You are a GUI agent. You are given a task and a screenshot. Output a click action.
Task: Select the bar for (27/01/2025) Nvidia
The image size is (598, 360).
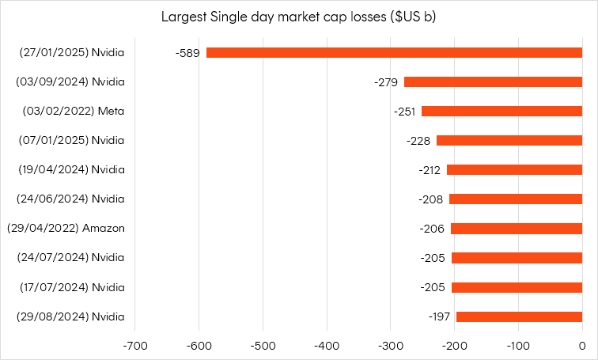pyautogui.click(x=394, y=52)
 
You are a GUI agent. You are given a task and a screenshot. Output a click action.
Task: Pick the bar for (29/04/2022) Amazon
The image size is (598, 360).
pyautogui.click(x=516, y=228)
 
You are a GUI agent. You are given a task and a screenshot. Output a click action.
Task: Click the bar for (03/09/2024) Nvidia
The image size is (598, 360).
pyautogui.click(x=493, y=81)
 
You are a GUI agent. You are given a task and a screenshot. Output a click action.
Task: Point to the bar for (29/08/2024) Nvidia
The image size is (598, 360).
pyautogui.click(x=519, y=316)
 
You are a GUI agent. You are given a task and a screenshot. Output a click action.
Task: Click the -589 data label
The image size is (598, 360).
pyautogui.click(x=187, y=52)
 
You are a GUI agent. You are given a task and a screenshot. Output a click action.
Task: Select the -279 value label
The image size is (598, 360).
pyautogui.click(x=387, y=81)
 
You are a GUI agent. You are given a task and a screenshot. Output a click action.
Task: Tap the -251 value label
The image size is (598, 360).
pyautogui.click(x=404, y=111)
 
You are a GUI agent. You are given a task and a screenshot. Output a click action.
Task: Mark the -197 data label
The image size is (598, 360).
pyautogui.click(x=439, y=316)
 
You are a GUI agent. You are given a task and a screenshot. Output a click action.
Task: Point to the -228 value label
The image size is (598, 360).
pyautogui.click(x=419, y=140)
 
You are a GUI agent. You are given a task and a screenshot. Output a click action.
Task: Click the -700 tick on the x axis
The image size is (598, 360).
pyautogui.click(x=134, y=346)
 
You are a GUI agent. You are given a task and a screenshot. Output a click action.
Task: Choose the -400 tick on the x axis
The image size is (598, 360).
pyautogui.click(x=326, y=346)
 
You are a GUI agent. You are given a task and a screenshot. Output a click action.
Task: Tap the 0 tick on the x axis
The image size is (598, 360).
pyautogui.click(x=581, y=346)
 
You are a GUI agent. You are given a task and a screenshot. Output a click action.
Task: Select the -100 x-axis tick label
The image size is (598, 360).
pyautogui.click(x=517, y=346)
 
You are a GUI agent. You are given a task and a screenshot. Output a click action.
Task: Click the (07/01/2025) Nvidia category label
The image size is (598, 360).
pyautogui.click(x=72, y=140)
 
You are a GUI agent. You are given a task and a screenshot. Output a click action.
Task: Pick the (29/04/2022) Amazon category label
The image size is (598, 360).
pyautogui.click(x=66, y=228)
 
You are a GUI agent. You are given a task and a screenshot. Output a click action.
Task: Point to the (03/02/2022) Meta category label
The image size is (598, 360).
pyautogui.click(x=74, y=111)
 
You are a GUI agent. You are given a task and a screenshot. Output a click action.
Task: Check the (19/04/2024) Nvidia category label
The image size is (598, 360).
pyautogui.click(x=72, y=169)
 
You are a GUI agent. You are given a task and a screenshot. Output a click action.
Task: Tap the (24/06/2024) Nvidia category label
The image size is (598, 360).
pyautogui.click(x=72, y=199)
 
